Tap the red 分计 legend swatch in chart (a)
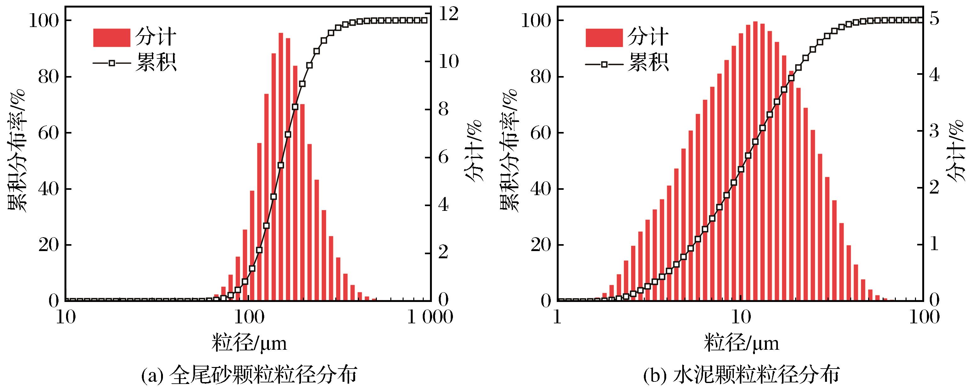pos(112,38)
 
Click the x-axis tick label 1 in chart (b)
pos(557,317)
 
